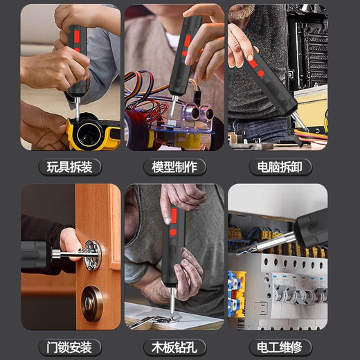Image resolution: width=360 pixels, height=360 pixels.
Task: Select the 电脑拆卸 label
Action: pyautogui.click(x=280, y=167)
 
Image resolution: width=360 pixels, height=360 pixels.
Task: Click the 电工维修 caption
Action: pyautogui.click(x=280, y=347)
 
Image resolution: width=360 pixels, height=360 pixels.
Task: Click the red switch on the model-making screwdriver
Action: pyautogui.click(x=188, y=41)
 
